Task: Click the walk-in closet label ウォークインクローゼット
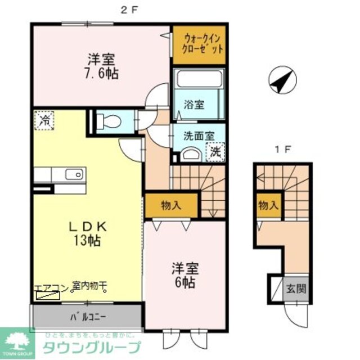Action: coord(199,43)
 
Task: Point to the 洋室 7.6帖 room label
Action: coord(102,66)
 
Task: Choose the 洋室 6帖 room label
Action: coord(184,275)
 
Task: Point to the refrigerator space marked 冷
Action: coord(44,120)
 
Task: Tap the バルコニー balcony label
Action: coord(88,316)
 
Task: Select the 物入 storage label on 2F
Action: coord(171,205)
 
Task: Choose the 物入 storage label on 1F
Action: coord(268,205)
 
